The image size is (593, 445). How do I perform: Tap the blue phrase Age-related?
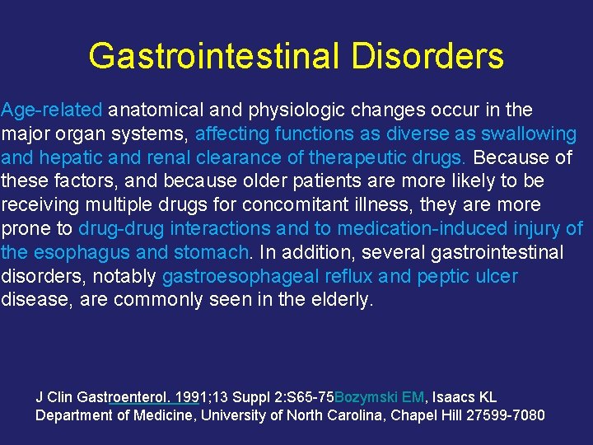pyautogui.click(x=52, y=110)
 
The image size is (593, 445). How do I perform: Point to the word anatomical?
pyautogui.click(x=157, y=110)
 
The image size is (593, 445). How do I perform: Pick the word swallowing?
pyautogui.click(x=530, y=133)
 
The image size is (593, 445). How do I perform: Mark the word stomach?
pyautogui.click(x=215, y=252)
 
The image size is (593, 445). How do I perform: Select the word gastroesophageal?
pyautogui.click(x=234, y=276)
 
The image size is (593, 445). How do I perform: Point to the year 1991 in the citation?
pyautogui.click(x=187, y=397)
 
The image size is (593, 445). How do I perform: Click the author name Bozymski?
pyautogui.click(x=367, y=397)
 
